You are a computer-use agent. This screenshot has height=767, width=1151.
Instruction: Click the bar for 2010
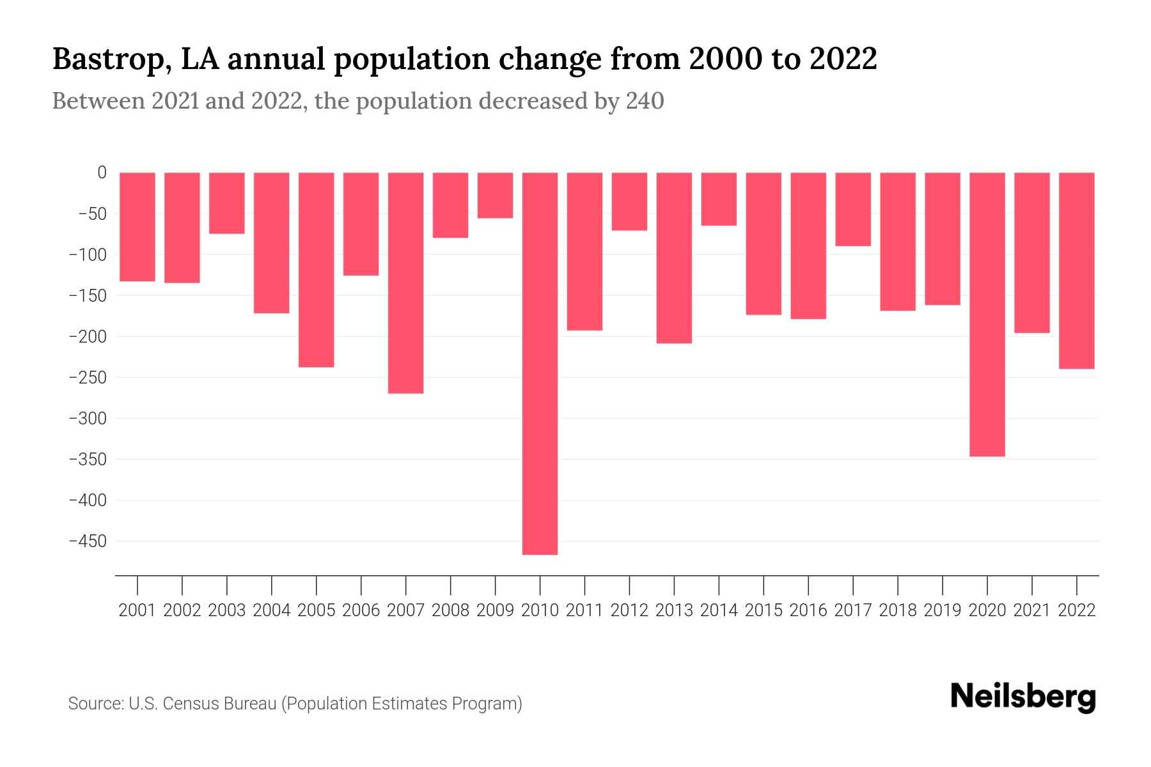point(540,363)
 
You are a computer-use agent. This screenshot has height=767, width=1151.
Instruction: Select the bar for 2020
point(987,314)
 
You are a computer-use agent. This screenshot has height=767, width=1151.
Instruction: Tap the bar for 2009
point(495,195)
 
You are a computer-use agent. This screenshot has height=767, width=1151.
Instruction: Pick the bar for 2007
point(405,283)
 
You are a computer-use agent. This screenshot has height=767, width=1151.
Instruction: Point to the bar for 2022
point(1076,270)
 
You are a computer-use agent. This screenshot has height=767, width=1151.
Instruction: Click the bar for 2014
point(719,199)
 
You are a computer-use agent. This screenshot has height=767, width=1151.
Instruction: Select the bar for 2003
point(226,203)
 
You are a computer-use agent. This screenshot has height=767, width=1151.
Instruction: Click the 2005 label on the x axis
point(317,610)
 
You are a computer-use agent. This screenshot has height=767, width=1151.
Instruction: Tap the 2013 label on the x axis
point(674,610)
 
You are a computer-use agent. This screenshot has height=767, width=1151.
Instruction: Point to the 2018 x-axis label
point(898,610)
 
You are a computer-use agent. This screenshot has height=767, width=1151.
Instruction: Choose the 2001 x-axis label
point(137,610)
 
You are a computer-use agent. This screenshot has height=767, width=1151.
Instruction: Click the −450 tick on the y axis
point(88,541)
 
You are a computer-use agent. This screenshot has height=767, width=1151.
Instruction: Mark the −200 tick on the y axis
point(88,336)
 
